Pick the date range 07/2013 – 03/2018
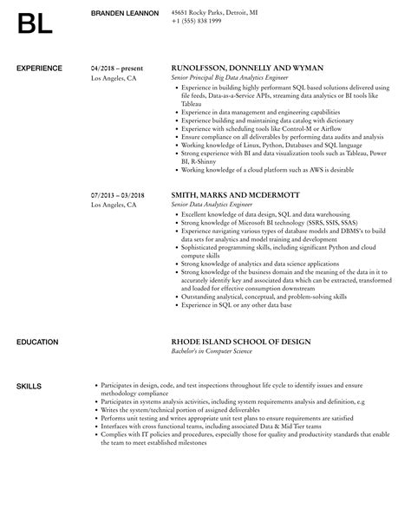click(x=120, y=196)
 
